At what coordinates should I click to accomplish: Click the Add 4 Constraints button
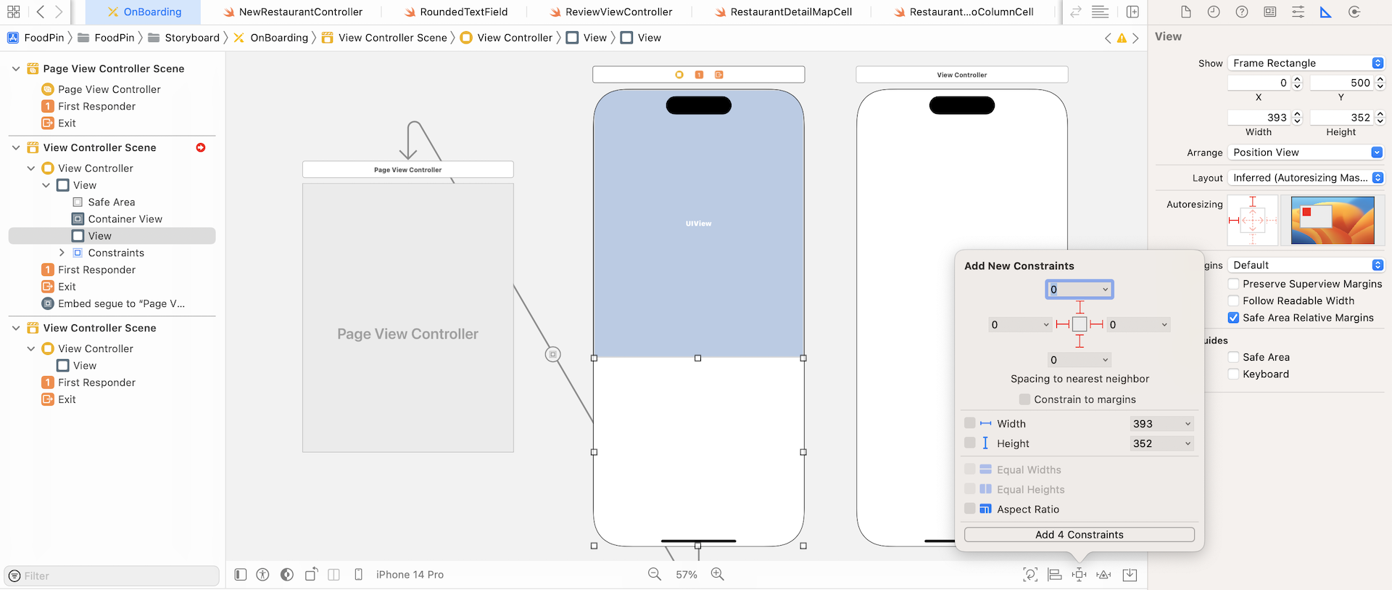(1079, 535)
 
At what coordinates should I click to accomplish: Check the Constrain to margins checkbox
(1024, 399)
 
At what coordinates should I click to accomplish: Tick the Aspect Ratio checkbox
(969, 509)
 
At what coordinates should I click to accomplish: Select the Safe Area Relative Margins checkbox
(1233, 318)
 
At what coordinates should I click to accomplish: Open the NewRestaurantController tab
(300, 12)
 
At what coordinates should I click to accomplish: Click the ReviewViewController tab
(618, 12)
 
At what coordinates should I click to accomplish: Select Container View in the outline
(125, 219)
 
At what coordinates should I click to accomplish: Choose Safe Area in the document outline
(111, 202)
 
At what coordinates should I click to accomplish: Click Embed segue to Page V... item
(121, 303)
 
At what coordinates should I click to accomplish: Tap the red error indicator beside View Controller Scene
(201, 147)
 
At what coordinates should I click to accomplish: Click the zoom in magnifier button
(718, 574)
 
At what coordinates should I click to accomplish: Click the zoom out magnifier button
(654, 574)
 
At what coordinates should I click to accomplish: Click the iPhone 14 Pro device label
(410, 575)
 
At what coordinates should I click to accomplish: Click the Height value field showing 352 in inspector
(1341, 118)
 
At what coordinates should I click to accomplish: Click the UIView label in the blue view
(698, 224)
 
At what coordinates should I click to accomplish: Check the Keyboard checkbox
(1233, 374)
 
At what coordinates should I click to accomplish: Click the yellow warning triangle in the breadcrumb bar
(1122, 38)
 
